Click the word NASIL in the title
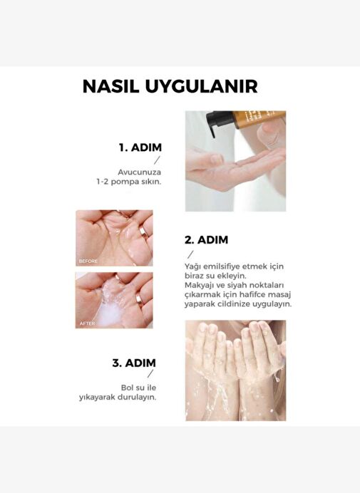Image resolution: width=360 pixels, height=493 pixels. tap(110, 86)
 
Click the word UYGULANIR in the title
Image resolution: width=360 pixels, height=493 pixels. tap(202, 86)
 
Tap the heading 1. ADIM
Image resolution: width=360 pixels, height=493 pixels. tap(140, 147)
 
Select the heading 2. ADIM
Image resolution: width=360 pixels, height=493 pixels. tap(207, 240)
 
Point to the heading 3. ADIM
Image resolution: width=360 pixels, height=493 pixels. tap(134, 363)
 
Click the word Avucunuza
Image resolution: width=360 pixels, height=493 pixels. tap(140, 172)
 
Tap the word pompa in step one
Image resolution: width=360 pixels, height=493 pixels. tap(125, 182)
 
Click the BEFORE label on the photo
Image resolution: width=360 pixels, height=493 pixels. tap(88, 261)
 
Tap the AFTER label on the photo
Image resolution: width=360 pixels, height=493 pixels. tap(87, 323)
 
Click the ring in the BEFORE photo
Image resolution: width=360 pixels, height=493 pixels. tap(144, 232)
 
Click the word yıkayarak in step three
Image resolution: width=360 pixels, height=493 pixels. tap(97, 398)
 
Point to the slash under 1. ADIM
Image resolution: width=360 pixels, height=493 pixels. tap(157, 160)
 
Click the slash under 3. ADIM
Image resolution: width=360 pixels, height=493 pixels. tap(150, 373)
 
